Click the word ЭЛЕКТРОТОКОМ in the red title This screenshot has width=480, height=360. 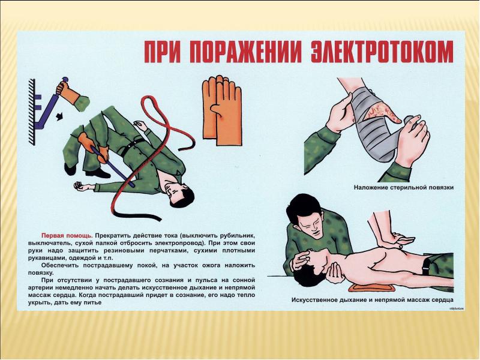click(x=382, y=53)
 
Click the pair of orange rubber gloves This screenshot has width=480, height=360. click(x=221, y=110)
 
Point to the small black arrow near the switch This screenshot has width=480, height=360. click(x=59, y=116)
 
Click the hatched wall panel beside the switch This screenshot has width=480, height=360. click(x=32, y=112)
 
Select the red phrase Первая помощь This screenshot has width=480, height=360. click(x=67, y=236)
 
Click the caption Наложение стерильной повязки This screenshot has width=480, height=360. click(x=404, y=187)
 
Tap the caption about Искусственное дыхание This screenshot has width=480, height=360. click(x=373, y=300)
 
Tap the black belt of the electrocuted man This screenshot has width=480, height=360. click(x=133, y=147)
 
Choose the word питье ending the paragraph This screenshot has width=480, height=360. click(x=92, y=303)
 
